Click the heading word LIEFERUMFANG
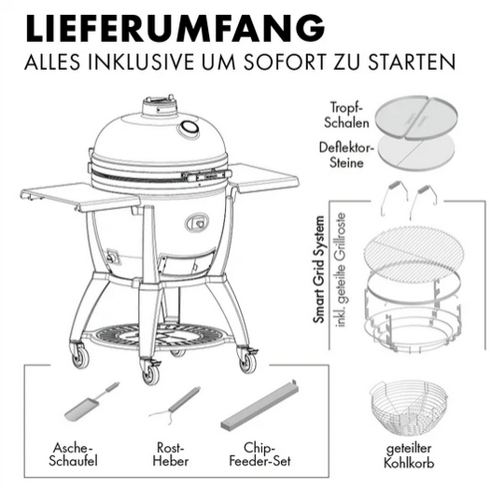click(x=175, y=28)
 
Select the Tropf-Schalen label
click(x=346, y=115)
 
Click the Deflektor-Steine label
click(x=346, y=155)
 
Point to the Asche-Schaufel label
click(x=73, y=454)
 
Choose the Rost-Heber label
click(x=171, y=454)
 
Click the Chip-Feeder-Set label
click(x=260, y=454)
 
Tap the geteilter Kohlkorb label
click(x=409, y=455)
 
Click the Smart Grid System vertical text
click(x=319, y=270)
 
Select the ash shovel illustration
click(x=91, y=401)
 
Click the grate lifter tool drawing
click(x=175, y=406)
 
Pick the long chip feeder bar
click(x=260, y=406)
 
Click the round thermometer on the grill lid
click(x=189, y=128)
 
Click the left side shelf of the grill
click(x=80, y=196)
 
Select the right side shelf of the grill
click(x=263, y=178)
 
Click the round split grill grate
click(x=414, y=249)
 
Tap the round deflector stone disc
click(x=415, y=153)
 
